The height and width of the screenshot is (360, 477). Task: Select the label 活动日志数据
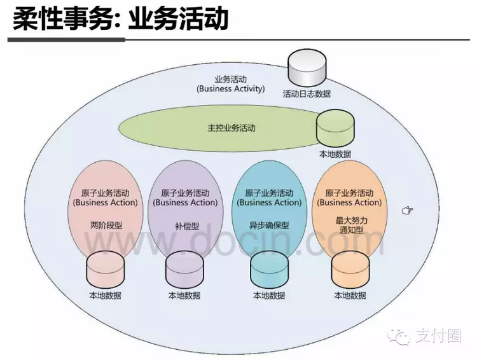[x=307, y=93]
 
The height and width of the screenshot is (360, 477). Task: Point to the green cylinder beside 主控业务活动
[x=335, y=130]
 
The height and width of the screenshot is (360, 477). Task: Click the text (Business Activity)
[x=231, y=89]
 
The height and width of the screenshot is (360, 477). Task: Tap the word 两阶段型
[x=106, y=225]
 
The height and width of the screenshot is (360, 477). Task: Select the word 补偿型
[x=185, y=225]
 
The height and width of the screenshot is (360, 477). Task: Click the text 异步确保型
[x=268, y=225]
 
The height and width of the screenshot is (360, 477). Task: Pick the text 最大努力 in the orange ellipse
[x=350, y=219]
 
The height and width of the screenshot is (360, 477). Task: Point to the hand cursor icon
[x=408, y=211]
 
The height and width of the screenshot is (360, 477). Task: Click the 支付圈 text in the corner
[x=439, y=336]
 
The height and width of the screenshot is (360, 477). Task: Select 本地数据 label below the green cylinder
[x=335, y=154]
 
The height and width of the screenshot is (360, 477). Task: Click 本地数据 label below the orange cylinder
[x=350, y=295]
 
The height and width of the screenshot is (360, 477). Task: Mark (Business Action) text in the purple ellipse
[x=185, y=202]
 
